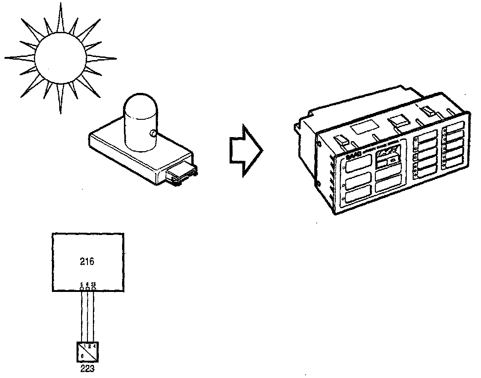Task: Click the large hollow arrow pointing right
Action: tap(245, 151)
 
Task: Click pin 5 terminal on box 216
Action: tap(81, 289)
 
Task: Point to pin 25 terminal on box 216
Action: tap(93, 289)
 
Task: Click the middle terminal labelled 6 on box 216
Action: tap(87, 289)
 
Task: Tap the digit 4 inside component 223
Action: tap(94, 346)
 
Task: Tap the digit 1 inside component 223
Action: tap(85, 346)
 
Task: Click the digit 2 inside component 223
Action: tap(90, 346)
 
